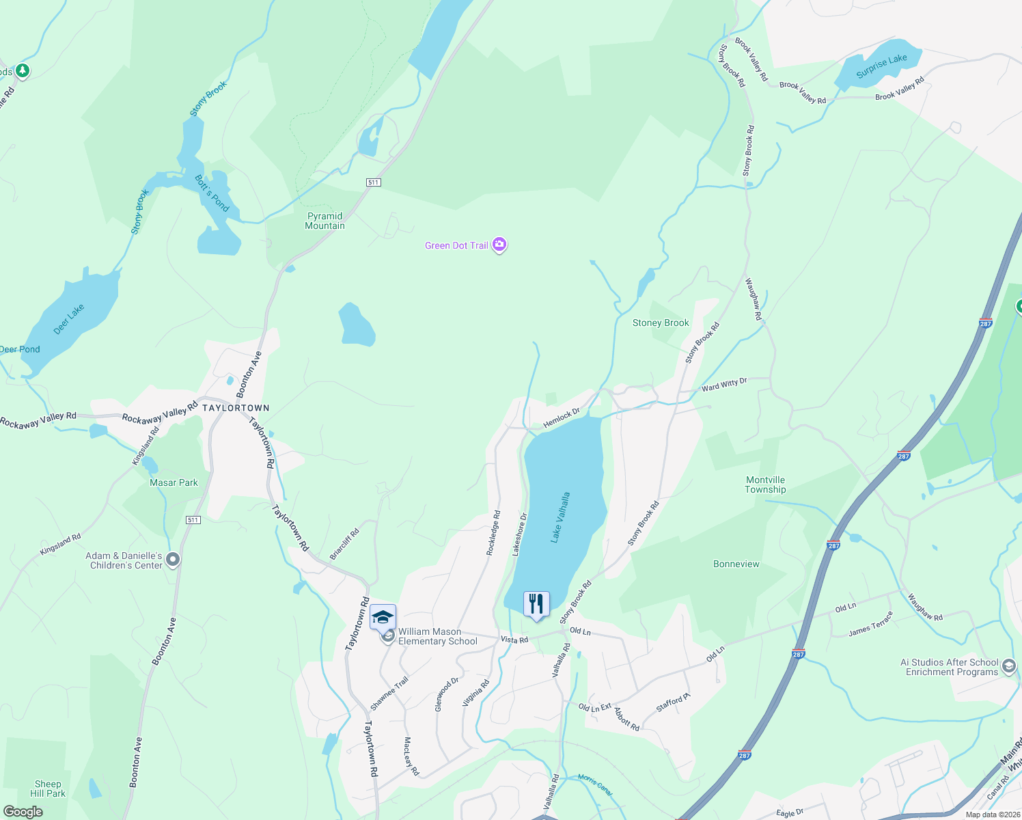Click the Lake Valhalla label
click(560, 517)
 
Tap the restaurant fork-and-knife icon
click(536, 604)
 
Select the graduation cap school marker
click(383, 618)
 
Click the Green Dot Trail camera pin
click(499, 245)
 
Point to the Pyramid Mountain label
click(325, 221)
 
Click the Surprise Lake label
click(881, 66)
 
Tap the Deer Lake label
click(69, 319)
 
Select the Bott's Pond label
click(212, 193)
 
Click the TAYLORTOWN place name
click(236, 408)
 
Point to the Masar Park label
click(174, 482)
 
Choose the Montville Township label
click(765, 484)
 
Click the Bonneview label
click(736, 564)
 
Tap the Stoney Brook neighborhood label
click(661, 323)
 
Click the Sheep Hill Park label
click(48, 789)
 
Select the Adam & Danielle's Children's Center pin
click(173, 560)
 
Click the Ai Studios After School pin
click(1008, 666)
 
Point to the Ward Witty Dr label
click(724, 385)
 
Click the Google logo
click(23, 812)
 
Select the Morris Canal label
click(595, 784)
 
